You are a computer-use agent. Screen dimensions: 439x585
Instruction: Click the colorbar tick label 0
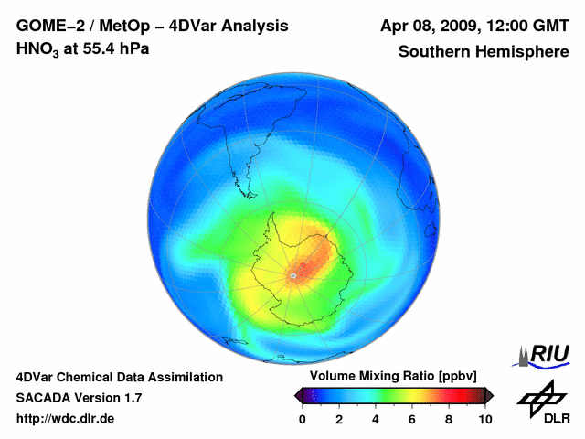303,419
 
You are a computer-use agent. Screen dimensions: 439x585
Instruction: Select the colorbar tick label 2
339,419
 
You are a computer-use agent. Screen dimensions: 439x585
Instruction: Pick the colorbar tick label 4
376,419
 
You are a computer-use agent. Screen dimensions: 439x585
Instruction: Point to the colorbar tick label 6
412,419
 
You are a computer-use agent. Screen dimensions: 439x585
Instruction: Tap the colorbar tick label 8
449,419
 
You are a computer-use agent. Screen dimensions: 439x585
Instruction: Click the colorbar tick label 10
485,419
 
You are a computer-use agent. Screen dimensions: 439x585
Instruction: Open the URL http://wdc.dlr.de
66,419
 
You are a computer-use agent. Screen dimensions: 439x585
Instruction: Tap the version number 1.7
132,398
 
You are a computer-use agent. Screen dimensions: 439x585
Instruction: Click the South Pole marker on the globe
292,274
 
